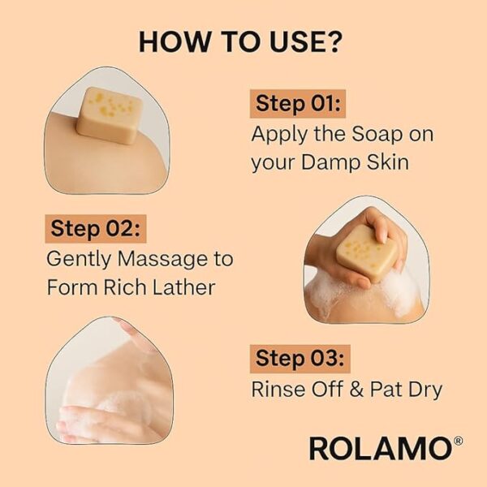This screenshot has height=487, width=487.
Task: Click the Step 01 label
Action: [x=298, y=103]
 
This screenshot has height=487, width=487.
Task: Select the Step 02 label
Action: [x=96, y=229]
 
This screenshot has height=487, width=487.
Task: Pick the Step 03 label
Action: [x=300, y=359]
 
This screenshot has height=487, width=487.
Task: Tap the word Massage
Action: [x=162, y=259]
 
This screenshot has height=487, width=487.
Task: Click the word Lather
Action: [x=184, y=287]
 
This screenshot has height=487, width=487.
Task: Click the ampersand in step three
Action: [x=356, y=389]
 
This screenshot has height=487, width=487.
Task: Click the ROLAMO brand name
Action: [x=381, y=448]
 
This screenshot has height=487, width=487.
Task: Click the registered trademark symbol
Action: [x=458, y=441]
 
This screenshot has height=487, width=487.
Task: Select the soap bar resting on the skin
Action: [x=110, y=115]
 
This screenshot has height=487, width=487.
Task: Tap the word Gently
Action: [x=79, y=260]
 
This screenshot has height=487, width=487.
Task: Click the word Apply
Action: [x=279, y=135]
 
